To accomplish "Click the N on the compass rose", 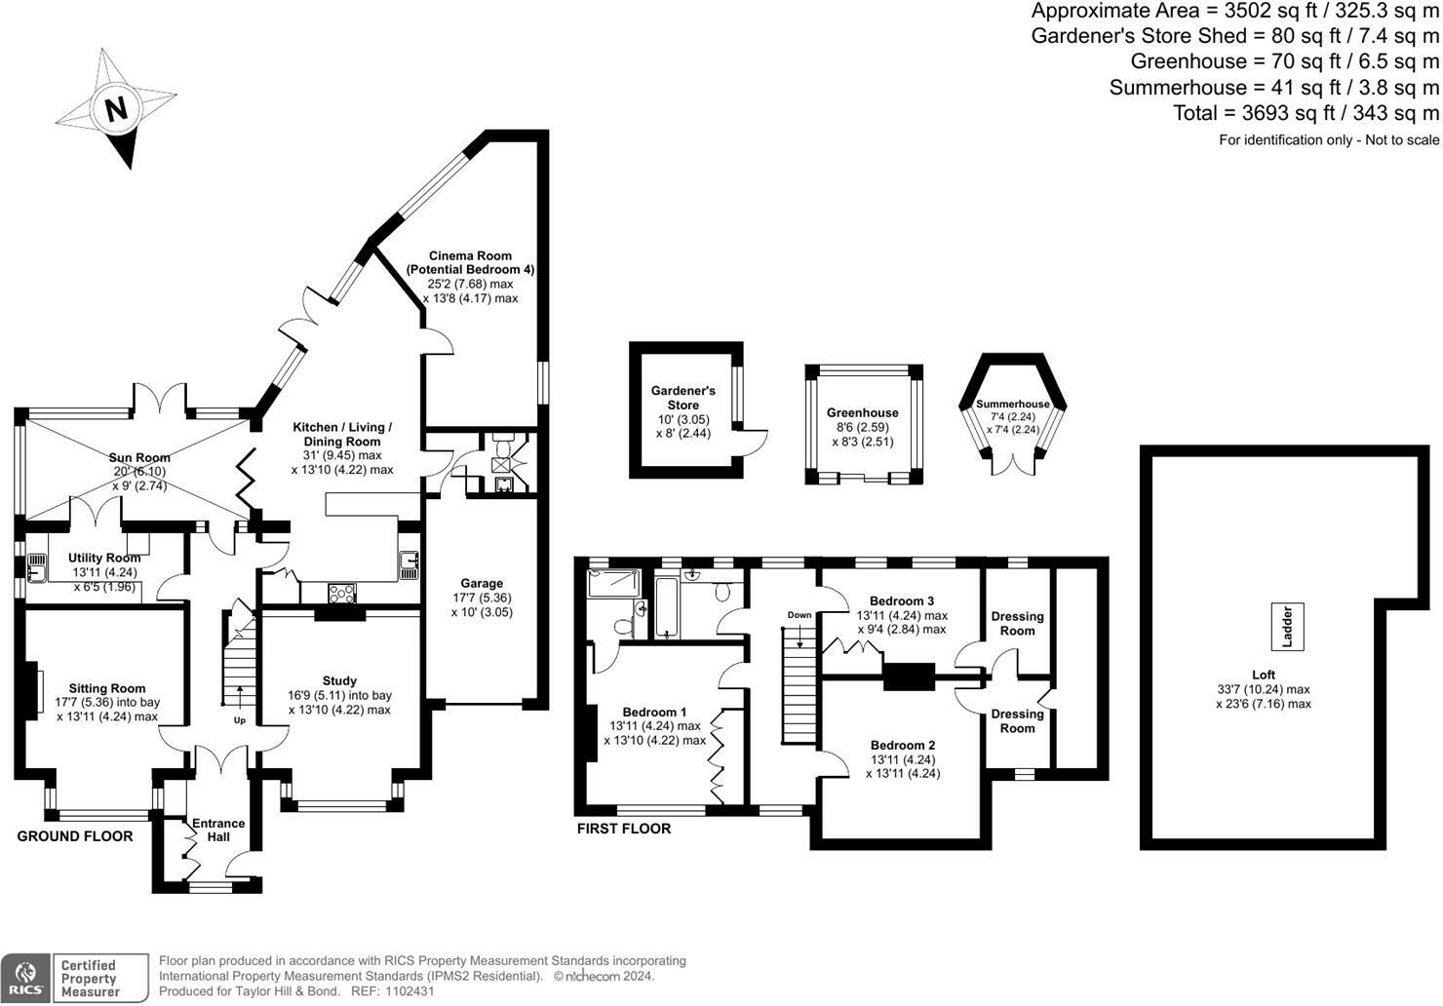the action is (x=117, y=108).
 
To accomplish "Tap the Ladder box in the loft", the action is (x=1287, y=627).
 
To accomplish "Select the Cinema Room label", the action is (x=470, y=255).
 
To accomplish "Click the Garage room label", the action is (x=482, y=583).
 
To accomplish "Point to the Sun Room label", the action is (x=139, y=457).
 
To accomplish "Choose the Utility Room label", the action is (x=104, y=558).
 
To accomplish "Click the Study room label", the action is (x=339, y=680).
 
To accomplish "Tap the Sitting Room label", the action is (x=107, y=688).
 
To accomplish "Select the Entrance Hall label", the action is (x=218, y=831).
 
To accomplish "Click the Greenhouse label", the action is (x=863, y=413).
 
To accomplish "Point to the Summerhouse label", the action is (x=1013, y=404).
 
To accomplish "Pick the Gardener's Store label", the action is (x=682, y=398).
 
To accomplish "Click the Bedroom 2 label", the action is (x=903, y=745).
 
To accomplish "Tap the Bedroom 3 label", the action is (x=902, y=600).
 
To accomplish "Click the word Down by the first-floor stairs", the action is (x=799, y=615).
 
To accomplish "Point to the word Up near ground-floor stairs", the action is (x=240, y=720).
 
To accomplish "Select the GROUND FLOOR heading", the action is (x=75, y=836).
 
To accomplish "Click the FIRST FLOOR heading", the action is (x=624, y=829).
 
